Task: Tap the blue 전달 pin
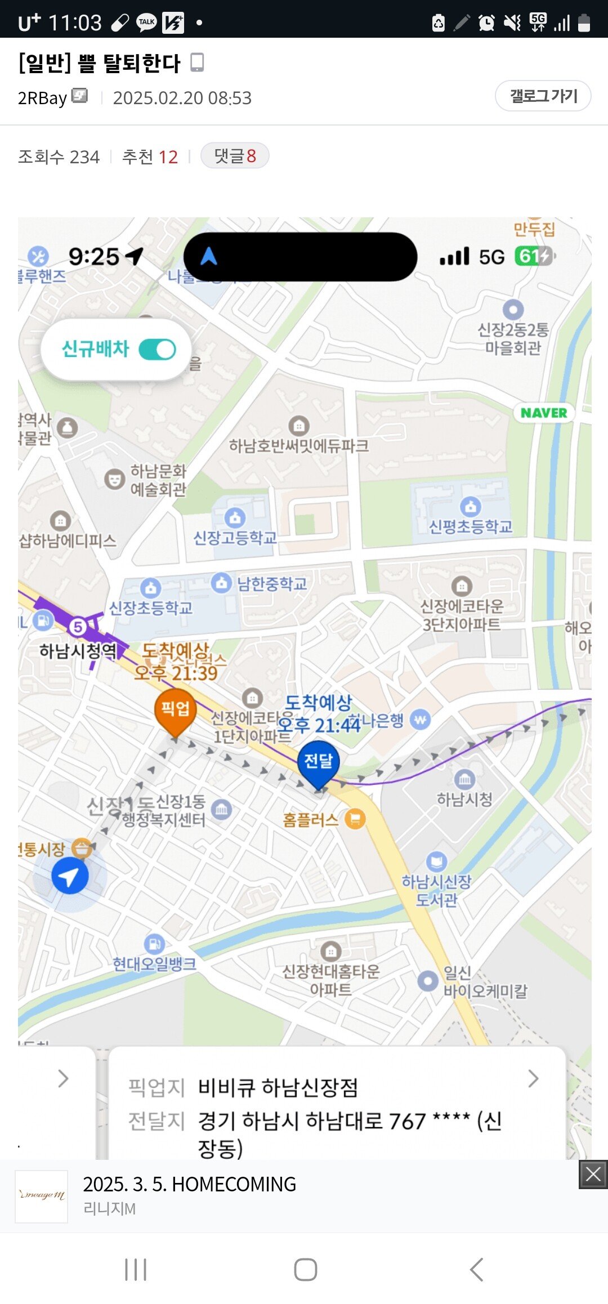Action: pos(318,762)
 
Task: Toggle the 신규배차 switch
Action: pos(157,350)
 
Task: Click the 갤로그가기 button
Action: pos(543,96)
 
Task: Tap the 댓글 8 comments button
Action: pos(235,156)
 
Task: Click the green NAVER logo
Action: pos(544,413)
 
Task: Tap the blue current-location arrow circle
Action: pos(70,876)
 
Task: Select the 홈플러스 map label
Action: pos(311,820)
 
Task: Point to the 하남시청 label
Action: pos(465,799)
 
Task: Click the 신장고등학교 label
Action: pos(235,538)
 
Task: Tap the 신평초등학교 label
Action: pos(471,526)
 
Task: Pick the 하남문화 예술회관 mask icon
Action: pos(115,479)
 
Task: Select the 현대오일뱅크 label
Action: pos(154,964)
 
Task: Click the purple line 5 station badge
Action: pos(78,627)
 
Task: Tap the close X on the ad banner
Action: pos(593,1175)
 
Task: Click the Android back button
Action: pos(476,1270)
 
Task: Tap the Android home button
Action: pos(305,1270)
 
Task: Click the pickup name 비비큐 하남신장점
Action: pos(278,1088)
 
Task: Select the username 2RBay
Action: pos(42,98)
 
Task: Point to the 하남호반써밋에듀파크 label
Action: pos(299,446)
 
